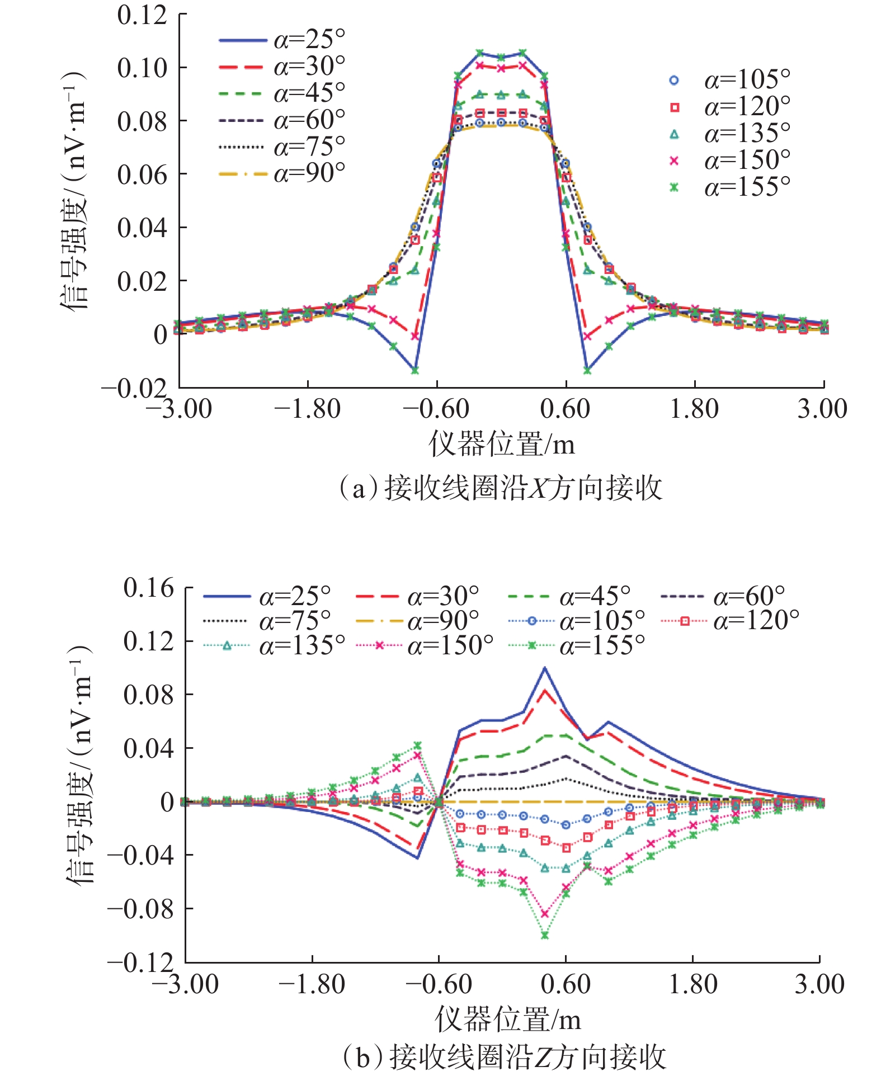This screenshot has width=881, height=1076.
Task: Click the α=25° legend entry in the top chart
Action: click(282, 40)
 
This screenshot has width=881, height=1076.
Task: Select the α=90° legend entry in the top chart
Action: click(282, 174)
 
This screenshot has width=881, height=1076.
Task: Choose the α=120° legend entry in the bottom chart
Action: click(730, 621)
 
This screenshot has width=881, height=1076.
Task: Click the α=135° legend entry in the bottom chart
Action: click(274, 646)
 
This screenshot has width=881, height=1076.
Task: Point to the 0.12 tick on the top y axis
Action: click(142, 15)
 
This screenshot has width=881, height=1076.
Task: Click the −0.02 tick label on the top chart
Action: click(134, 389)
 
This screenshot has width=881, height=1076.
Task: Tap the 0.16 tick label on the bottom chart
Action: click(149, 588)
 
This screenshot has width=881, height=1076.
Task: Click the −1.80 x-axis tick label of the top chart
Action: click(307, 409)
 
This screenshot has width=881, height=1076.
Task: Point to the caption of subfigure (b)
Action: click(503, 1057)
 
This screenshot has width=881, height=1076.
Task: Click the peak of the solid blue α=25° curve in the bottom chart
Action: click(545, 668)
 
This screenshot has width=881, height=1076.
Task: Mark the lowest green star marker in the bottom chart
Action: click(545, 936)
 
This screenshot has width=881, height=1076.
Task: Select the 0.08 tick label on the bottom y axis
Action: click(149, 695)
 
